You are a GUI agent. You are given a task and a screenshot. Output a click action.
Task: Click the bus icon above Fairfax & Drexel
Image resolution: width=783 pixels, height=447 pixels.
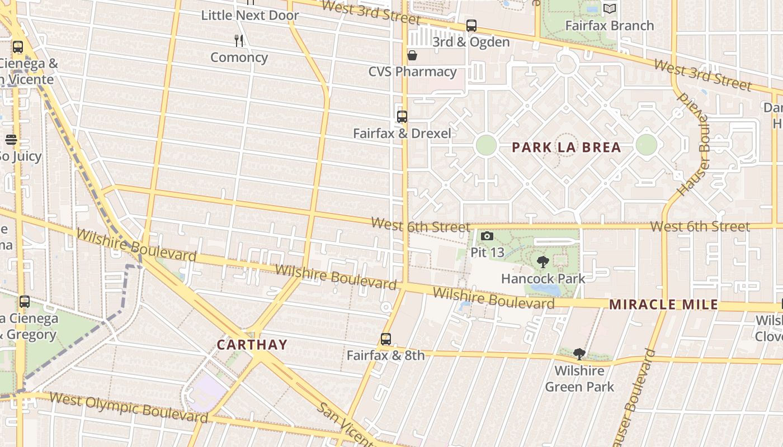(402, 116)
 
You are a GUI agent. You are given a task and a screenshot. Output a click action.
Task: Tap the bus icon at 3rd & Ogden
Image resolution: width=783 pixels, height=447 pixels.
(471, 25)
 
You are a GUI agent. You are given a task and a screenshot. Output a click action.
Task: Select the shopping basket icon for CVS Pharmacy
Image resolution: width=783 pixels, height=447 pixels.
(412, 55)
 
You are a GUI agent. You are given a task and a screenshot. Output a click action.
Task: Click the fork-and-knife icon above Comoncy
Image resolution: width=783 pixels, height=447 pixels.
(239, 40)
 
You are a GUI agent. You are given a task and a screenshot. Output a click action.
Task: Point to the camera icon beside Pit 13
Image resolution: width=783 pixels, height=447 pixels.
(487, 236)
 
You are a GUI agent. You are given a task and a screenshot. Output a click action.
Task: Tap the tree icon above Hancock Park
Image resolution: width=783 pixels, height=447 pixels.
(543, 261)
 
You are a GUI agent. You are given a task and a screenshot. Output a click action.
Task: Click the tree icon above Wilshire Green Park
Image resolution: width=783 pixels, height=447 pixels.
(579, 354)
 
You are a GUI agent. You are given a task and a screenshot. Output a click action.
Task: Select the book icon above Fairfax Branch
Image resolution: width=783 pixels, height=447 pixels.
(609, 8)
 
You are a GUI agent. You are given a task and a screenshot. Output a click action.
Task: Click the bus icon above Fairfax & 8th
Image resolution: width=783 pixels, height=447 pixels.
(385, 339)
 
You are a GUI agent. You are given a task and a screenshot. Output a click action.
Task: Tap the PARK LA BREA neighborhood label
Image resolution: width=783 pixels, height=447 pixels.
(567, 148)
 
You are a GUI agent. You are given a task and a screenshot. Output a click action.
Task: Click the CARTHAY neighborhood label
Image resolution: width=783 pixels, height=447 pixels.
(252, 345)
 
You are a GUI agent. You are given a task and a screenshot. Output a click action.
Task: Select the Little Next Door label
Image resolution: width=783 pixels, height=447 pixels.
(250, 15)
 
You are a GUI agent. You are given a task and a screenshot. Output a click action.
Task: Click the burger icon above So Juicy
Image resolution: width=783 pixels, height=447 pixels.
(11, 139)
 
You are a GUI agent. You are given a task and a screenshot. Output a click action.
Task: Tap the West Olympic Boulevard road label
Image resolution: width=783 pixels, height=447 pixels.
(129, 407)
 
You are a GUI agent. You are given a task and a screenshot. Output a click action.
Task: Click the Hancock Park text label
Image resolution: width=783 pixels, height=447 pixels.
(543, 278)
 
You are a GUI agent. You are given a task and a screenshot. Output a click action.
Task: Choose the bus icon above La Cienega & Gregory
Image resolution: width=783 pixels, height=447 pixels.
(24, 302)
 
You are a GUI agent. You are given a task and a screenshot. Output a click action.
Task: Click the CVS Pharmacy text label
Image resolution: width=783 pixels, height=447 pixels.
(412, 72)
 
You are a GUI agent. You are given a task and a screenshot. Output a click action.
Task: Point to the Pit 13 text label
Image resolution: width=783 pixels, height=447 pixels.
(487, 253)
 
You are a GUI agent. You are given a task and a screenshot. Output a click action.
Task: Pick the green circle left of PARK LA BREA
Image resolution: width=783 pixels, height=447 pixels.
(486, 145)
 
